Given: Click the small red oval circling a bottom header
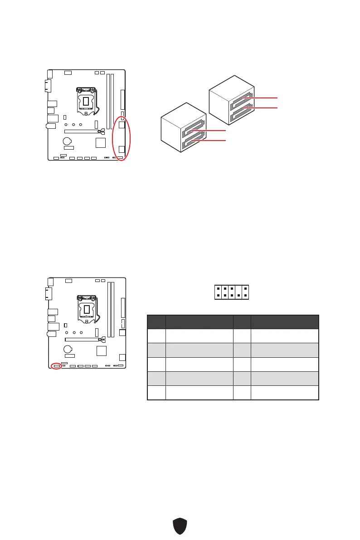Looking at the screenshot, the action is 56,365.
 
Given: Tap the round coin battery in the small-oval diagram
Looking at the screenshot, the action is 68,349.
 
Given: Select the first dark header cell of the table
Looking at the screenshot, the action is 156,321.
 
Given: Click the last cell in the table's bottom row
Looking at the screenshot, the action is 285,392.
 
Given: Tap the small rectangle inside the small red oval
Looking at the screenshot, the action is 56,365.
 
